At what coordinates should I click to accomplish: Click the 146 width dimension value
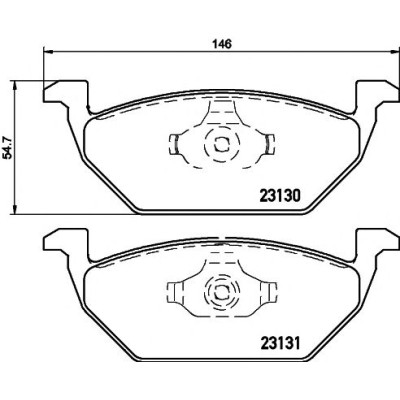click(x=222, y=44)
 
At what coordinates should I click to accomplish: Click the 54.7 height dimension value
click(x=8, y=147)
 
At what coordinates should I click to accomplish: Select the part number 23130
click(x=280, y=196)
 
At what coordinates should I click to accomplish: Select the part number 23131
click(x=280, y=344)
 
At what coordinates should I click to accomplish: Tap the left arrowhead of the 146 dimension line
click(x=48, y=52)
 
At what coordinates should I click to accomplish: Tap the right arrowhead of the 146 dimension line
click(x=395, y=52)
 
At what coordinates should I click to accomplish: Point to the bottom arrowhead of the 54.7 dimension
click(x=14, y=209)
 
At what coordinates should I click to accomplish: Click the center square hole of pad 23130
click(x=221, y=144)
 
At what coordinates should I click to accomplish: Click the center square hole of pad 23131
click(x=221, y=292)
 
